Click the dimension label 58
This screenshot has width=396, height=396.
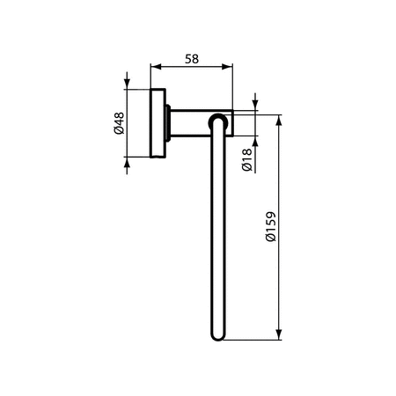click(x=192, y=59)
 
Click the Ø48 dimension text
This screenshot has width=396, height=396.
click(x=120, y=123)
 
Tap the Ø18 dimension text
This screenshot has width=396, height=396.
click(x=246, y=160)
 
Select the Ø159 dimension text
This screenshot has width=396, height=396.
click(x=271, y=226)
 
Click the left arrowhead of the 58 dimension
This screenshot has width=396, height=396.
click(x=156, y=67)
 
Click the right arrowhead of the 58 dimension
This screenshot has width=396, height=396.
click(x=227, y=67)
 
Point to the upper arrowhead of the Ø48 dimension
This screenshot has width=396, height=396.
click(x=127, y=84)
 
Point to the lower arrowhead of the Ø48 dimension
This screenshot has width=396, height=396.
click(x=127, y=162)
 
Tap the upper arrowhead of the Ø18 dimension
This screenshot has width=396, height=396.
click(x=255, y=105)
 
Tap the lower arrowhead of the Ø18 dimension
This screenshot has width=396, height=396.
click(x=255, y=142)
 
